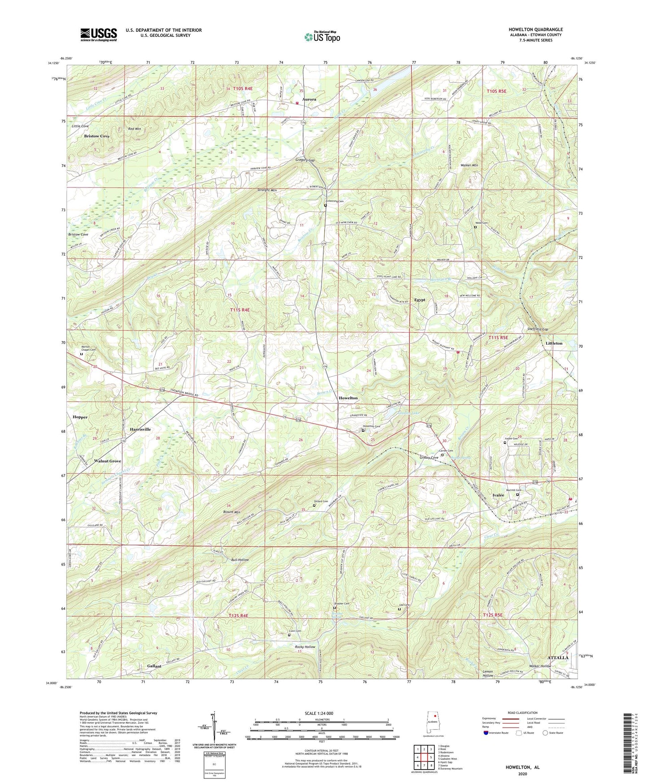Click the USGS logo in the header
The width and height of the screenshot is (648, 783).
[x=99, y=35]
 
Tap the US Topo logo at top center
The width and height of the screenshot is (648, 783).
[x=322, y=37]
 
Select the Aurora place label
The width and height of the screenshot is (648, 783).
[x=309, y=100]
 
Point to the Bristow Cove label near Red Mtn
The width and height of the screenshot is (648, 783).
[x=97, y=136]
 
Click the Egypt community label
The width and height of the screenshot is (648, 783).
[x=420, y=300]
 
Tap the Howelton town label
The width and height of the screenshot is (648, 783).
[x=348, y=398]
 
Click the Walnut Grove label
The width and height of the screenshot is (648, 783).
[x=107, y=461]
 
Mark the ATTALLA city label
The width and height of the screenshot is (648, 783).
[x=558, y=657]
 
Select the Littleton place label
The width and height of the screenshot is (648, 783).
[x=554, y=343]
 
